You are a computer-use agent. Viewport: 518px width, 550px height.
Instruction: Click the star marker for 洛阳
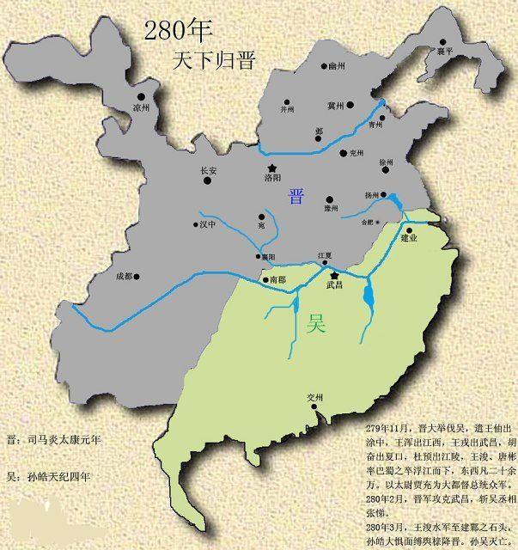(272, 168)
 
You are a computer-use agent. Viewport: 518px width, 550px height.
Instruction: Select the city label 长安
(209, 171)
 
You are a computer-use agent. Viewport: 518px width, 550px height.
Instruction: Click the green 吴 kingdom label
(316, 324)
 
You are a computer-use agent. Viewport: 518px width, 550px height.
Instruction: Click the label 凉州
(142, 108)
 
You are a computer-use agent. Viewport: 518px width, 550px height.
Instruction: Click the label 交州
(316, 398)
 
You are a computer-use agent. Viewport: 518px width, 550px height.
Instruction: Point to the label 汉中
(208, 225)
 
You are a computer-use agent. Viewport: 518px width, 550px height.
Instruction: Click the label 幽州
(337, 65)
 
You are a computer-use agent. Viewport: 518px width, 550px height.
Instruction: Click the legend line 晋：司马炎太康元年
(53, 439)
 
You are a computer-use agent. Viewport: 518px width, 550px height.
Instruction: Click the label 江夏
(324, 255)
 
